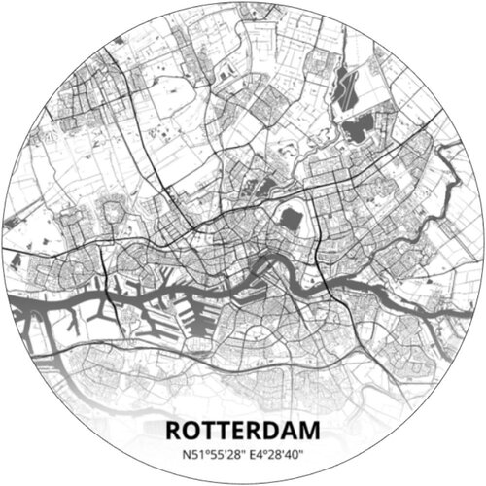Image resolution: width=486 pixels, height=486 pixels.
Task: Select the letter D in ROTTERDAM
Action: [271, 430]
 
